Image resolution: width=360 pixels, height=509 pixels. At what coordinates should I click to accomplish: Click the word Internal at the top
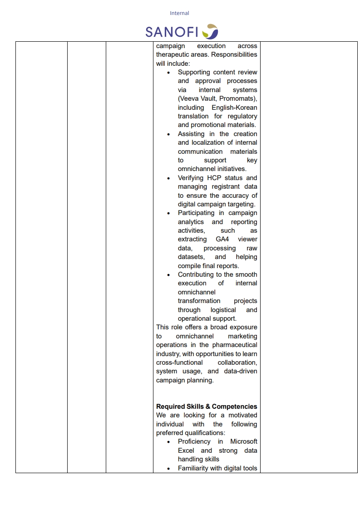click(179, 13)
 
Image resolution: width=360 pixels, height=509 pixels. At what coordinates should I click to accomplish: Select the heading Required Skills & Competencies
click(207, 406)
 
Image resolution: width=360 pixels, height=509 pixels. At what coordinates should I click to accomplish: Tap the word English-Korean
click(234, 108)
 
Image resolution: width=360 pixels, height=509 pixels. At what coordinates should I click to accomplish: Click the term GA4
click(222, 239)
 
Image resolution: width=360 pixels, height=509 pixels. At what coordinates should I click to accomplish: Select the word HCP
click(214, 178)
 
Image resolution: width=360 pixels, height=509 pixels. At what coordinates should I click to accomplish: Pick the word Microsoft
click(243, 441)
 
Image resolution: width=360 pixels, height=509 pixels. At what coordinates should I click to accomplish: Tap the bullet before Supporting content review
click(169, 73)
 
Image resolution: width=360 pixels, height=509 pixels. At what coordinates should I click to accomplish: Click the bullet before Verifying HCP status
click(169, 178)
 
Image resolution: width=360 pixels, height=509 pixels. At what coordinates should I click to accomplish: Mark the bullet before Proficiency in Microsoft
click(169, 442)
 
